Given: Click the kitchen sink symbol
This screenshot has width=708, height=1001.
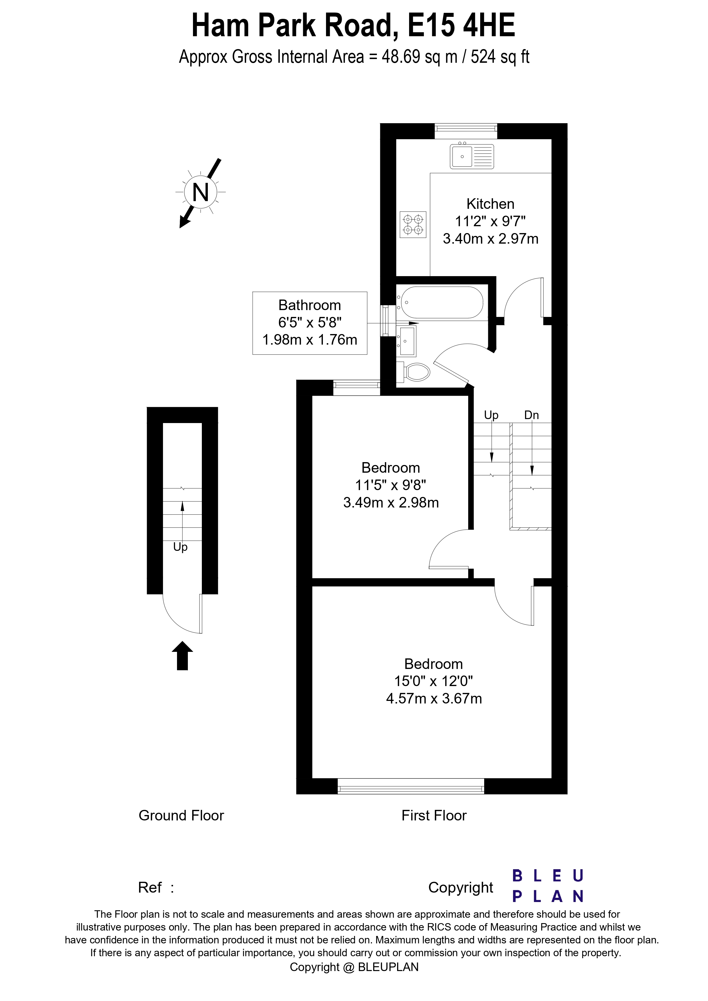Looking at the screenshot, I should click(x=472, y=156).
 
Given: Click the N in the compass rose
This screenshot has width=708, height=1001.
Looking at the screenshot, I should click(x=200, y=192).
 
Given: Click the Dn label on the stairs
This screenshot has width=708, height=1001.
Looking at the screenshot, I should click(x=531, y=415).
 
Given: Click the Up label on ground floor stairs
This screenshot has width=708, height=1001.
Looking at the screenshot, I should click(x=180, y=547).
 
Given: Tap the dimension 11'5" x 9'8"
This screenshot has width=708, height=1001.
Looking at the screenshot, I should click(x=391, y=485).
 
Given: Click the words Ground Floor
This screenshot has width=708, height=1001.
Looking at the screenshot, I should click(x=181, y=815).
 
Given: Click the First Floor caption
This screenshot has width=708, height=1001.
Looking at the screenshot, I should click(x=434, y=815).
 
